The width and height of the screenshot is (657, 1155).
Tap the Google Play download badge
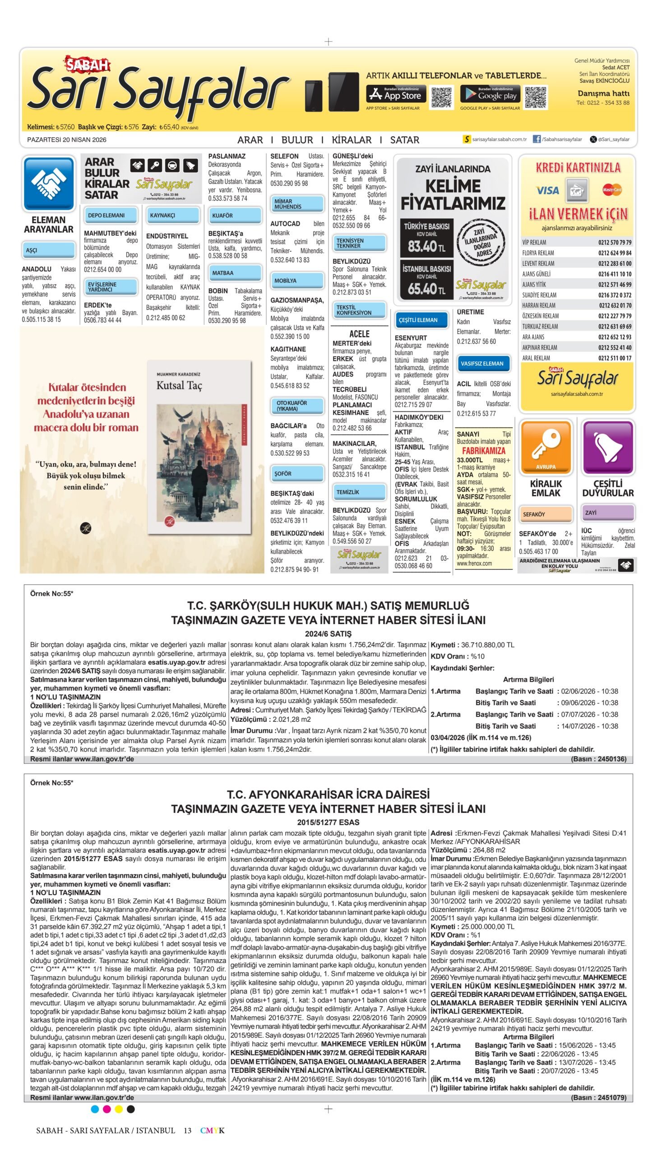pos(490,94)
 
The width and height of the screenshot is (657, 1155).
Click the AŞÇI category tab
pos(48,250)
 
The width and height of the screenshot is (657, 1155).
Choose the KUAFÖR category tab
pos(235,216)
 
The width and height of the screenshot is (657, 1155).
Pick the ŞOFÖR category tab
pos(297,474)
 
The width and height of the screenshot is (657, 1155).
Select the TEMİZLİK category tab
pos(359,492)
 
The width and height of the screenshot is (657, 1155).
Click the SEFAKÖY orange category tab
pos(546,514)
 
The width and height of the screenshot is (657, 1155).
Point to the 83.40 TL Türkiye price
pos(426,246)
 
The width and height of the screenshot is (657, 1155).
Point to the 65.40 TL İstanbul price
pos(426,289)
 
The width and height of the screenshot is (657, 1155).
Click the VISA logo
pos(547,190)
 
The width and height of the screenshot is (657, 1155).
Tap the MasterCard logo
pos(612,190)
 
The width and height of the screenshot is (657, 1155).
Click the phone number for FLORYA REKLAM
pos(615,253)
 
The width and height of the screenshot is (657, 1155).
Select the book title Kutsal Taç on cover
pos(179,386)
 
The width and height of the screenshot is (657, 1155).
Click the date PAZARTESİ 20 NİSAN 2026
pos(67,140)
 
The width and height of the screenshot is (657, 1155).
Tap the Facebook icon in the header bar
pos(537,139)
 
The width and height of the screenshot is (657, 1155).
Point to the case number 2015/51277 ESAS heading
pos(328,822)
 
